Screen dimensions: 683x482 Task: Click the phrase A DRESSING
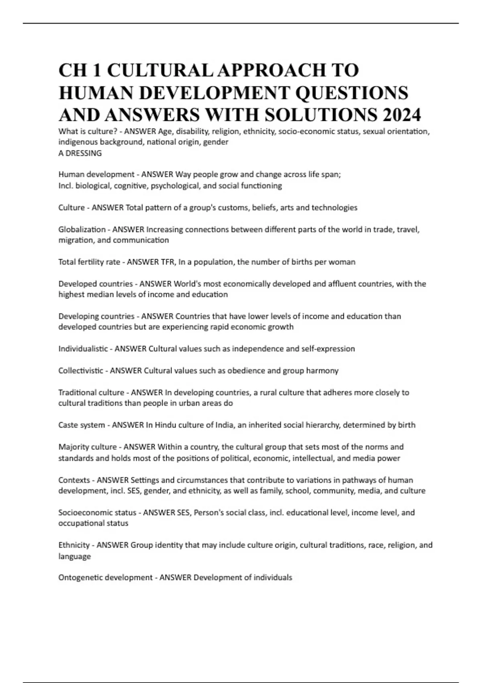[x=80, y=153]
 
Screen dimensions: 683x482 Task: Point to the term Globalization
[x=82, y=229]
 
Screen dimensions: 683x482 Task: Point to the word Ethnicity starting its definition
[x=74, y=545]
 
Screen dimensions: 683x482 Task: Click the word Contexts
[x=74, y=480]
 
